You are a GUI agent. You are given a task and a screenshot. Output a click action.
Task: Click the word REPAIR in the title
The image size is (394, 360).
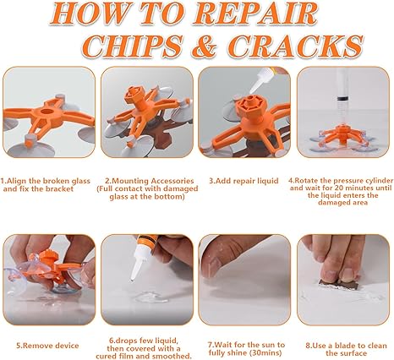point(256,14)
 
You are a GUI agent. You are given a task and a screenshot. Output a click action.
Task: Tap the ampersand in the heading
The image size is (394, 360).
point(205,46)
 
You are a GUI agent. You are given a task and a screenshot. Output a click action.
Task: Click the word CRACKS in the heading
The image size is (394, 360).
point(295,46)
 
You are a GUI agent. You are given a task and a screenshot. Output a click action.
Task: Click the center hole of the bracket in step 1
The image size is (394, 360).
point(46,112)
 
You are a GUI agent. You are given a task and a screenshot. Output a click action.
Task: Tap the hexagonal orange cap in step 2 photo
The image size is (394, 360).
point(134,92)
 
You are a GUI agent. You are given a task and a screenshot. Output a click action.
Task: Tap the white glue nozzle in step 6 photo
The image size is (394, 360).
point(137,265)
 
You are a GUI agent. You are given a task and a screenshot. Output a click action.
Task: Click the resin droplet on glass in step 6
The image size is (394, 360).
point(147,297)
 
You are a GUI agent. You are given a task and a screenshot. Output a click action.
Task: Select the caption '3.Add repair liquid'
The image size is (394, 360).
point(244,181)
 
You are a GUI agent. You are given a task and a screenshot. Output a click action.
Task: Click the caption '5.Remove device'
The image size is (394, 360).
point(47,346)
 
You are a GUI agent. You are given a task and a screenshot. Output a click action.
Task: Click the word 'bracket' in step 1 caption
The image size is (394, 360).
point(59,188)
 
